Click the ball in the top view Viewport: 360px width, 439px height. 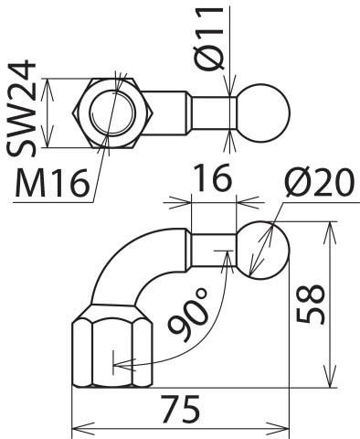(263, 112)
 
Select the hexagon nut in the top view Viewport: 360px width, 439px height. (115, 112)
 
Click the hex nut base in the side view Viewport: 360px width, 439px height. (113, 351)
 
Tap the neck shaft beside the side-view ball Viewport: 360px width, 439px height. (214, 249)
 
